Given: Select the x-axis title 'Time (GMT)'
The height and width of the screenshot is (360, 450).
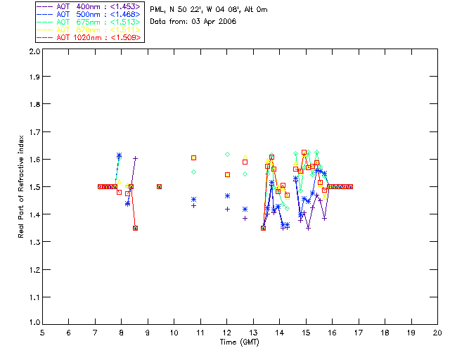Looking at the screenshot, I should click(x=240, y=342).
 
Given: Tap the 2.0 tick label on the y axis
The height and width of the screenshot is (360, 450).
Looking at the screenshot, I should click(x=33, y=53).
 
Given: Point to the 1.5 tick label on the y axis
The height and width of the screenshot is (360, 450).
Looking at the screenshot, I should click(x=33, y=187).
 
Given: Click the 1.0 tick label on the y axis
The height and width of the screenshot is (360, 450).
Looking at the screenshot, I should click(x=33, y=322).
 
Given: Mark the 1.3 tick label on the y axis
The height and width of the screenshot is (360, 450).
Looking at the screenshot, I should click(x=33, y=241).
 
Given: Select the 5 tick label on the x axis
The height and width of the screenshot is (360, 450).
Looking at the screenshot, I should click(x=42, y=333).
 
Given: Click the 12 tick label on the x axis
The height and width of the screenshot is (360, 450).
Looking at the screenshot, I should click(x=227, y=333).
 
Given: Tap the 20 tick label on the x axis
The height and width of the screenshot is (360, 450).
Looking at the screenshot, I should click(x=437, y=333).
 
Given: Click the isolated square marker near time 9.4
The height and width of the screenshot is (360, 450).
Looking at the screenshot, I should click(x=159, y=186).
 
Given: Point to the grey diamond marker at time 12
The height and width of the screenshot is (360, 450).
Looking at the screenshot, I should click(x=227, y=154).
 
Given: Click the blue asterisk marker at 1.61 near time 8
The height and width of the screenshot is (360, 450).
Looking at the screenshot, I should click(x=119, y=155).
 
